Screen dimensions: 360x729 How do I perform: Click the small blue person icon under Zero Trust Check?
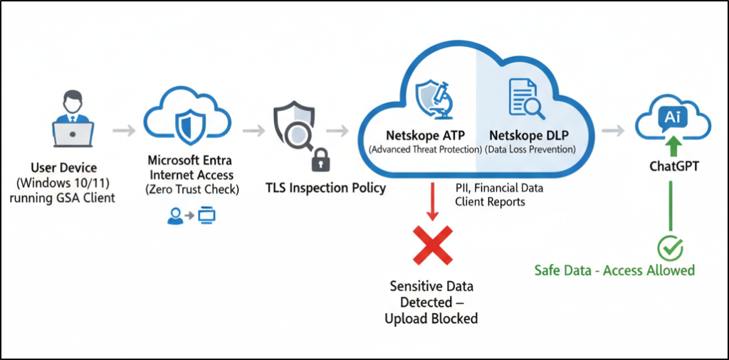(x=174, y=214)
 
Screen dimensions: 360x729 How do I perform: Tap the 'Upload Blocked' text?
(x=431, y=318)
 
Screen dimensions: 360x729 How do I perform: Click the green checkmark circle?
(x=670, y=249)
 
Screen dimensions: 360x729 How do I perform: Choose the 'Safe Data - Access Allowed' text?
(x=614, y=270)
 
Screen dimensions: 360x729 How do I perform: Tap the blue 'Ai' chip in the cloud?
(x=671, y=117)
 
